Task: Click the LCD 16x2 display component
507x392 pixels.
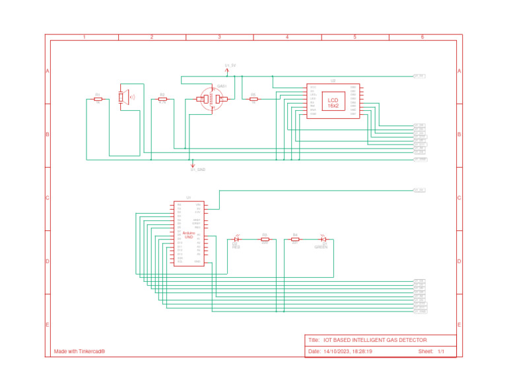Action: (332, 102)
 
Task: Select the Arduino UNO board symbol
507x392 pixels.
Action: (188, 234)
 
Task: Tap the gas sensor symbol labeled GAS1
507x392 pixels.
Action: (213, 100)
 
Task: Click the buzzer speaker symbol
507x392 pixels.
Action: (123, 97)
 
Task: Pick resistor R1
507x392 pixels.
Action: (98, 100)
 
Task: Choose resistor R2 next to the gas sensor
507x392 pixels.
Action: (162, 100)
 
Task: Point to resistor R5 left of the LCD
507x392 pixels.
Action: (253, 100)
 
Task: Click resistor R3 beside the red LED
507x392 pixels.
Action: (265, 239)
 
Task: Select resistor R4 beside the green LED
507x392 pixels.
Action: (295, 239)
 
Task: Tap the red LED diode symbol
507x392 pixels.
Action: (236, 239)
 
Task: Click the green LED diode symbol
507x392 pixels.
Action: (323, 239)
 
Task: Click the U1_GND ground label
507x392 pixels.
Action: (197, 170)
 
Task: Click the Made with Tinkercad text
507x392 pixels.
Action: (79, 352)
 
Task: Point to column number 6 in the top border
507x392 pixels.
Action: (422, 38)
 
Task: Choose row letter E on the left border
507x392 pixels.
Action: (48, 325)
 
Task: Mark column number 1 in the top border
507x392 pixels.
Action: (84, 38)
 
